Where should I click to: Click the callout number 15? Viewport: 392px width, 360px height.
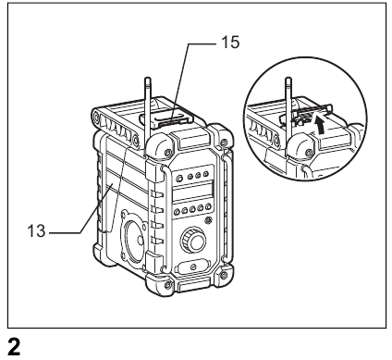tap(230, 43)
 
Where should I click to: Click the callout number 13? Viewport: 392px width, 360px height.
tap(36, 230)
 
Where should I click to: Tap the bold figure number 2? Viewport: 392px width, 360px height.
tap(14, 347)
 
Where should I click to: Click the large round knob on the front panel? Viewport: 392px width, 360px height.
tap(193, 241)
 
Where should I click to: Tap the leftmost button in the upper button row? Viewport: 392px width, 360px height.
tap(178, 178)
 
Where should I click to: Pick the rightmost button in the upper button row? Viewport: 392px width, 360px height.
tap(205, 174)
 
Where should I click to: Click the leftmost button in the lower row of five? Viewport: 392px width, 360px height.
tap(177, 212)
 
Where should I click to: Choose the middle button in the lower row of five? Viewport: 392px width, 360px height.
tap(193, 209)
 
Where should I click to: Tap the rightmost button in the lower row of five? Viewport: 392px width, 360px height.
tap(209, 206)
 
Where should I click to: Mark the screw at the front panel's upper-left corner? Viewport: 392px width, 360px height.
tap(168, 153)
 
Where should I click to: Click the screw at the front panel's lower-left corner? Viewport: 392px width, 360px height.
tap(168, 284)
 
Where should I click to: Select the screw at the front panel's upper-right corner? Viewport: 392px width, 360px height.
tap(224, 143)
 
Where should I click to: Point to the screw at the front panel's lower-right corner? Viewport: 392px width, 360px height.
tap(223, 274)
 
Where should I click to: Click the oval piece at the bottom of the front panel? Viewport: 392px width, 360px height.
tap(192, 266)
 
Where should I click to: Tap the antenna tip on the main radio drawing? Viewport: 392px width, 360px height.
tap(148, 79)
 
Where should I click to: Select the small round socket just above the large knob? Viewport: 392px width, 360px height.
tap(209, 220)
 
